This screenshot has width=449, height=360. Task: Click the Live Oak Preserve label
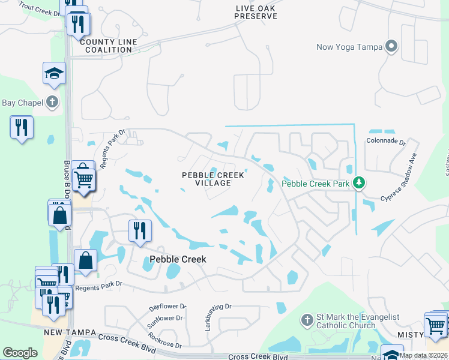pyautogui.click(x=256, y=11)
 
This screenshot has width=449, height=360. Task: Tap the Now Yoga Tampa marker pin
pyautogui.click(x=392, y=47)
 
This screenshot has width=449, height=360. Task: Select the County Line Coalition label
pyautogui.click(x=108, y=46)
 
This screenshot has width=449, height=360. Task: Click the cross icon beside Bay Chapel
pyautogui.click(x=53, y=102)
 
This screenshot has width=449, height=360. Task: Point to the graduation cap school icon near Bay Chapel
pyautogui.click(x=54, y=74)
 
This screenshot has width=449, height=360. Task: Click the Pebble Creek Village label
pyautogui.click(x=214, y=179)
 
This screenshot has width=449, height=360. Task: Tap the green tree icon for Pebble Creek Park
pyautogui.click(x=359, y=182)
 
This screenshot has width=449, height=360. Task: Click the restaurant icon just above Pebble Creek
pyautogui.click(x=140, y=230)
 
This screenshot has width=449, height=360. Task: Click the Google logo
pyautogui.click(x=20, y=353)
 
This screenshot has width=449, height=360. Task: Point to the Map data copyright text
pyautogui.click(x=423, y=355)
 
